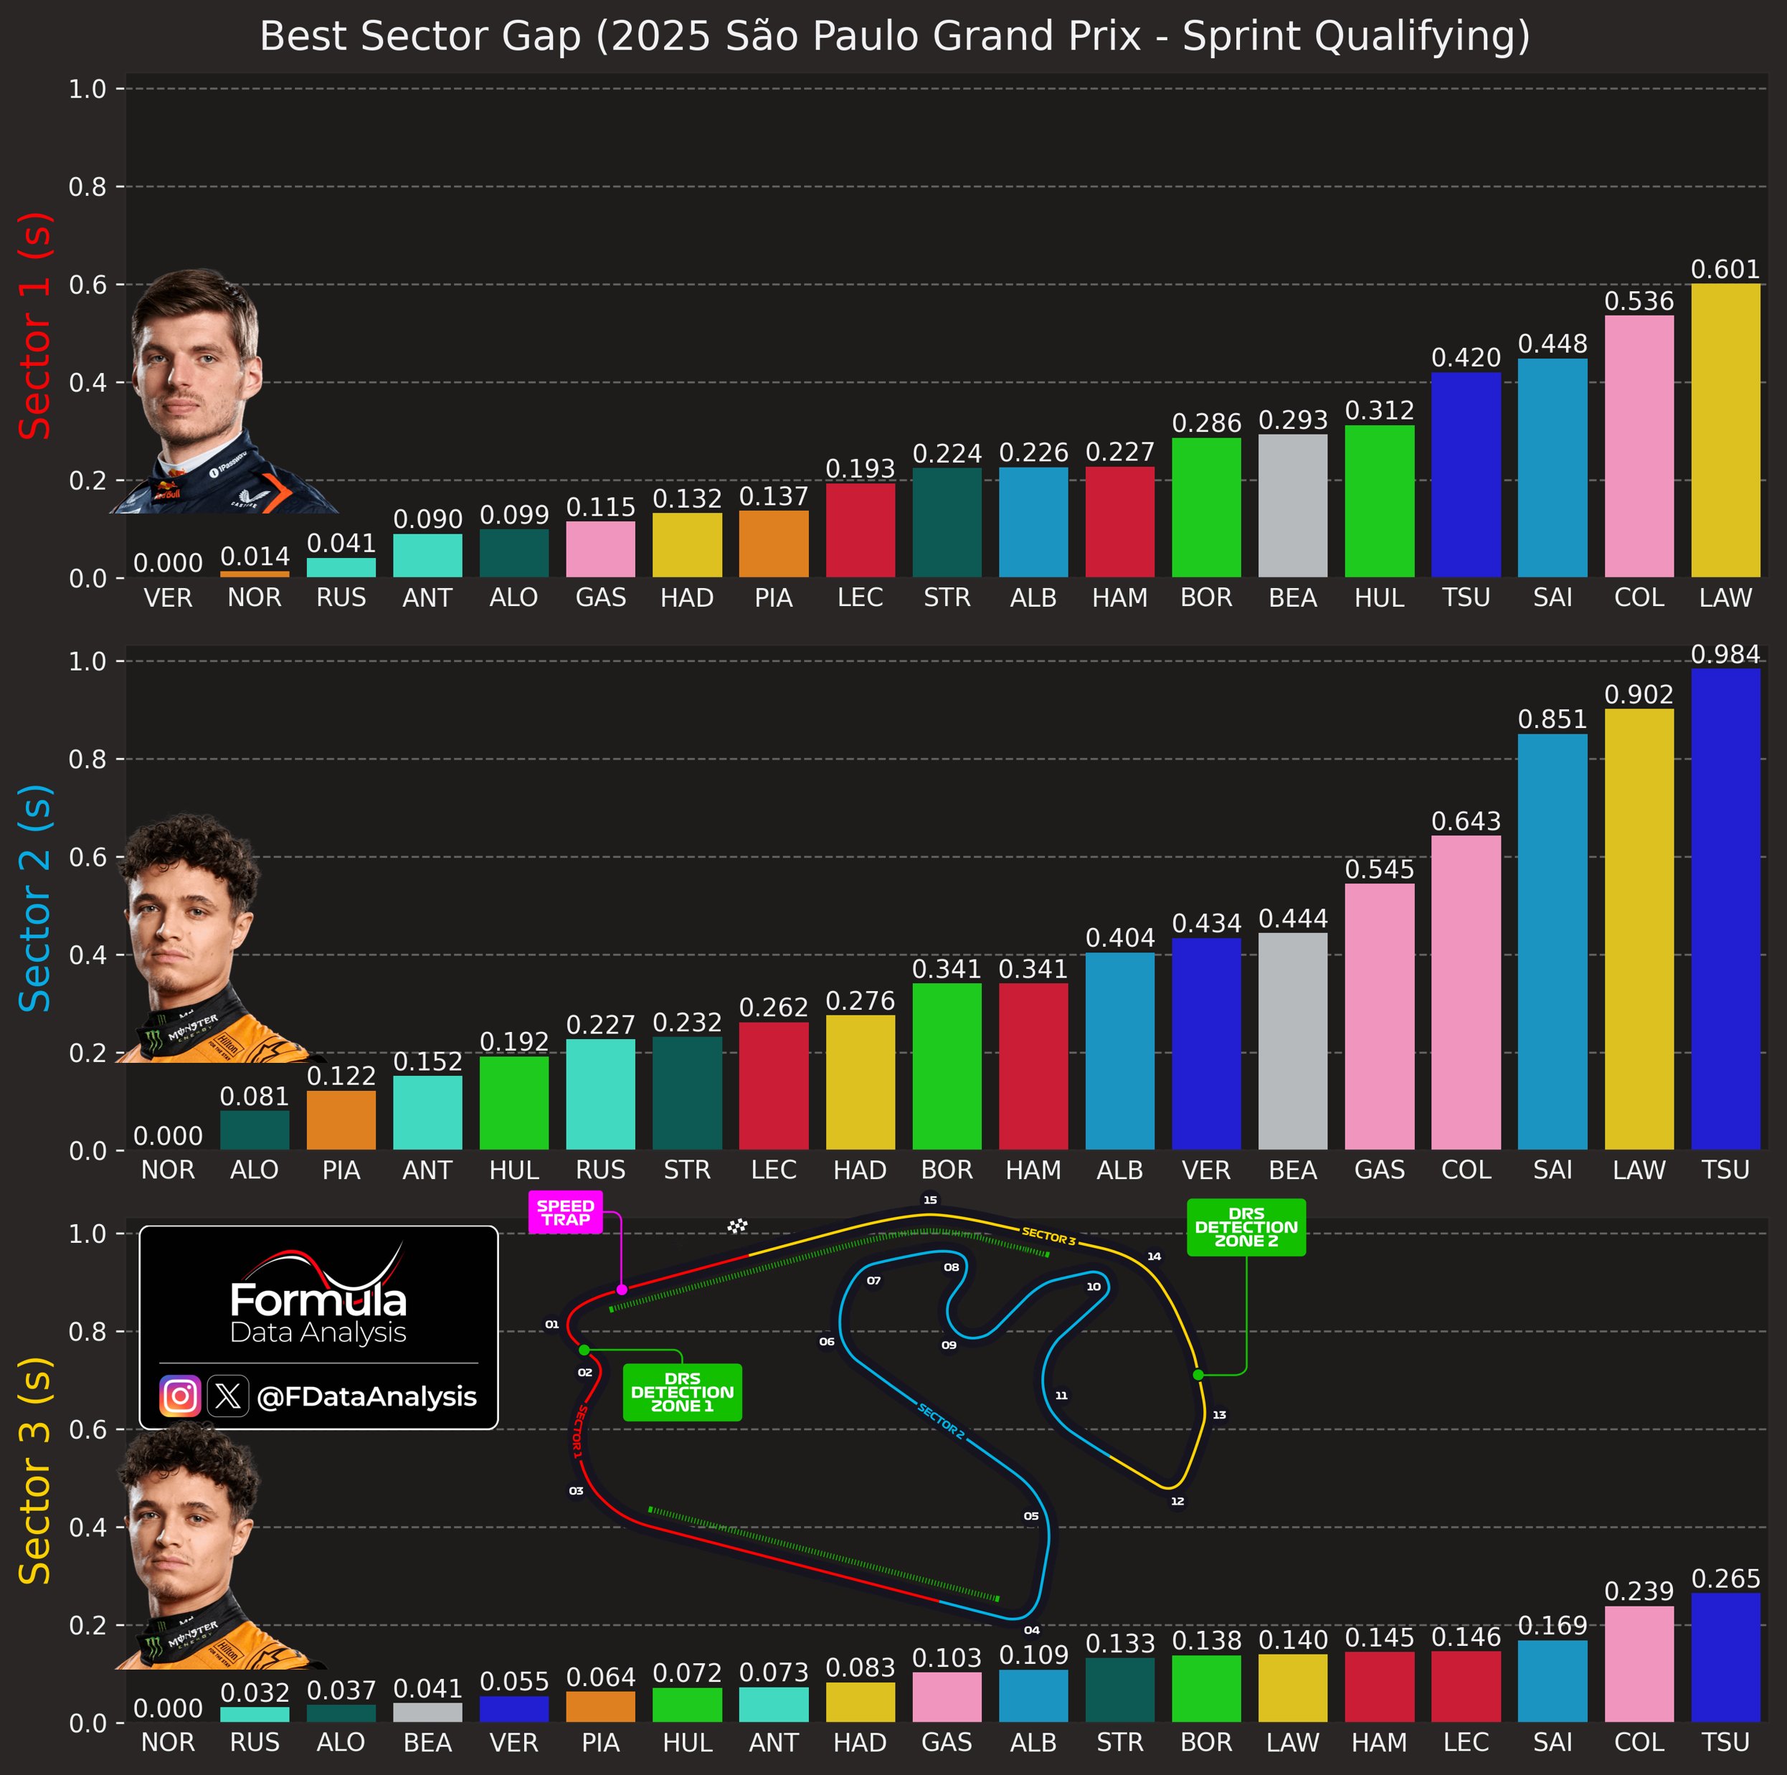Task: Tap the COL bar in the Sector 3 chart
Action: tap(1638, 1665)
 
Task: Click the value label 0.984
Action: tap(1725, 655)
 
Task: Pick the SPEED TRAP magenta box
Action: tap(565, 1213)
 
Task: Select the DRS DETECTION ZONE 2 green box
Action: tap(1246, 1227)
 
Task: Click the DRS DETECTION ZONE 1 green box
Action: tap(682, 1392)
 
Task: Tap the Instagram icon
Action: tap(179, 1396)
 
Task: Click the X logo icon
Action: tap(227, 1396)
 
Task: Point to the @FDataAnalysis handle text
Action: tap(366, 1396)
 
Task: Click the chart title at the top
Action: tap(893, 37)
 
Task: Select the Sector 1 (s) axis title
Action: tap(35, 326)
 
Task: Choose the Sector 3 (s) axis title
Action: tap(35, 1471)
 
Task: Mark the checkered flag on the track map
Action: tap(737, 1226)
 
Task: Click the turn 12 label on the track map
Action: tap(1177, 1501)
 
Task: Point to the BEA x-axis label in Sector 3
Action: tap(427, 1743)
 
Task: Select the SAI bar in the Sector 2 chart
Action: tap(1552, 942)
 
